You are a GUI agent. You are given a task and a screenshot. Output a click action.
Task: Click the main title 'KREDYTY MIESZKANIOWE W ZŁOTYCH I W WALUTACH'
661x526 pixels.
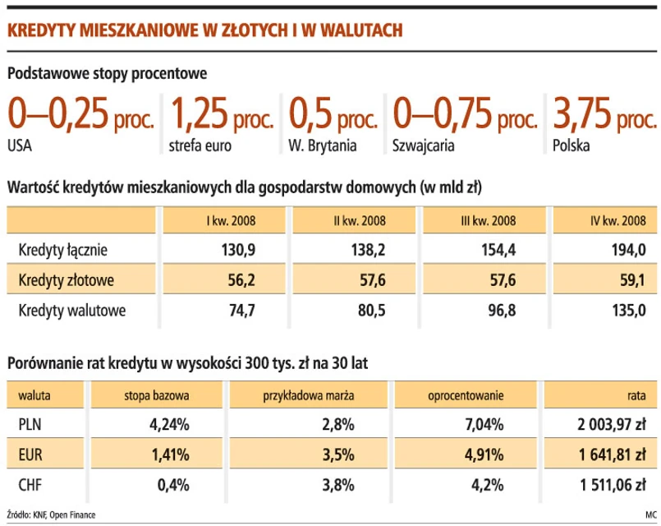204,31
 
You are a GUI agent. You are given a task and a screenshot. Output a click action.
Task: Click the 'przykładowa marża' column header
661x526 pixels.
310,395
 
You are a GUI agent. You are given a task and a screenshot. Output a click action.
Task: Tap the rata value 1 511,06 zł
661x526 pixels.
612,484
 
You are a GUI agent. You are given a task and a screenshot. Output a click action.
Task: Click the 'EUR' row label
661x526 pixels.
29,454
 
